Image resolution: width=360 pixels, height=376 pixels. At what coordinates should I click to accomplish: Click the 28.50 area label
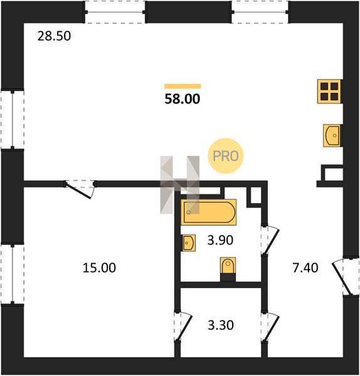tap(54, 36)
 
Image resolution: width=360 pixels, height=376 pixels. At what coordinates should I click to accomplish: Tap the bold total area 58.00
tap(183, 99)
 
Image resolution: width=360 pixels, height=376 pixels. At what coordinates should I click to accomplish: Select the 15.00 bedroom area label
tap(99, 268)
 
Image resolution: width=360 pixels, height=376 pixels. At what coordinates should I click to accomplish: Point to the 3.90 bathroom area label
tap(220, 240)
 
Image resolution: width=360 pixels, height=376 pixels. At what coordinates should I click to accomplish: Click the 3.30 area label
tap(221, 325)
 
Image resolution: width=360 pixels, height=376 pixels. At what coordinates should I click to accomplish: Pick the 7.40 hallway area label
tap(305, 268)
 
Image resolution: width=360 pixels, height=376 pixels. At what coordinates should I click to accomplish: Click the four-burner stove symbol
tap(329, 91)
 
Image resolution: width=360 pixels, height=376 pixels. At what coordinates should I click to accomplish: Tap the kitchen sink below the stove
tap(332, 135)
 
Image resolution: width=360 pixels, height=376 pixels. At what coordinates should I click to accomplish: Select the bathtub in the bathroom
tap(209, 212)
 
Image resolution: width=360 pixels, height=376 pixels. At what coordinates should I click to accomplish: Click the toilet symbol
tap(228, 266)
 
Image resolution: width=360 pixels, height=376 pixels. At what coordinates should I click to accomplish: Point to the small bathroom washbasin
tap(189, 243)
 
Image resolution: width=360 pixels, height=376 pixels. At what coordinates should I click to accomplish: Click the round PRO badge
tap(226, 156)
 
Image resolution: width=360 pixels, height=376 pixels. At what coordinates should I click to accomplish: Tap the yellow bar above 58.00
tap(183, 86)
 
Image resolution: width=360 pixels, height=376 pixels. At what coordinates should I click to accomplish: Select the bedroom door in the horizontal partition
tap(80, 189)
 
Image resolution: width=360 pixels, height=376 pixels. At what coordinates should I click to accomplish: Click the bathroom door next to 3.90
tap(269, 240)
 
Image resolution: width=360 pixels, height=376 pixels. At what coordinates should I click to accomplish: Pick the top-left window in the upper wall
tap(115, 12)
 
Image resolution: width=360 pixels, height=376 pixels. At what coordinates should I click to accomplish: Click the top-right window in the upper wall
tap(260, 12)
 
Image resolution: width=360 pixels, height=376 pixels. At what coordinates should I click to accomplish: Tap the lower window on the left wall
tap(13, 274)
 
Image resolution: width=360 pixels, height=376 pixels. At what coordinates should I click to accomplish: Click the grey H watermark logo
tap(180, 185)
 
